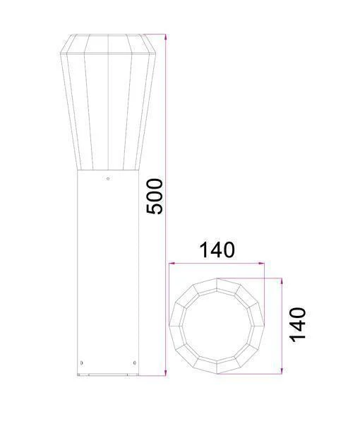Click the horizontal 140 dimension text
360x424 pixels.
pyautogui.click(x=216, y=250)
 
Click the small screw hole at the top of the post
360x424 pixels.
pyautogui.click(x=107, y=179)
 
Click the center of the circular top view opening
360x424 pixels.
pyautogui.click(x=216, y=325)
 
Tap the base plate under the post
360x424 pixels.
pyautogui.click(x=107, y=375)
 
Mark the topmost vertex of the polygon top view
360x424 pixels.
pyautogui.click(x=217, y=278)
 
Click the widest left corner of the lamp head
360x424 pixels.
pyautogui.click(x=60, y=54)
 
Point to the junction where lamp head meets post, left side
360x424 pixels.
pyautogui.click(x=78, y=171)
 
